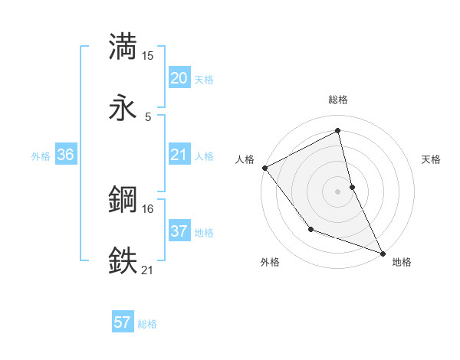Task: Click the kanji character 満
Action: [x=123, y=47]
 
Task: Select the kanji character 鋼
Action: [x=123, y=200]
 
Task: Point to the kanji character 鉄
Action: [x=123, y=260]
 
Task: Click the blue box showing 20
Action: [x=179, y=78]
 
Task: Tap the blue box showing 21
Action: [x=179, y=155]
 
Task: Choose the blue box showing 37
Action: [x=179, y=231]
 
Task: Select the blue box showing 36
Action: [x=66, y=155]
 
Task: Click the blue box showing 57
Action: [x=123, y=322]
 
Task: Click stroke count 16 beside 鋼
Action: [x=148, y=208]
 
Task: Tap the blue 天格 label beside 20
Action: [x=204, y=80]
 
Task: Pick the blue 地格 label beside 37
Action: [x=204, y=233]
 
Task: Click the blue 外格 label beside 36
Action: [x=41, y=156]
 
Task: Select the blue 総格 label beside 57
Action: [x=147, y=324]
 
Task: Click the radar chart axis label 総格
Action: [x=338, y=100]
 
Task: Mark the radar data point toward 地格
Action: [x=383, y=252]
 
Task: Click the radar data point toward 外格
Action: [x=310, y=228]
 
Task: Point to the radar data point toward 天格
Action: [x=352, y=186]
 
